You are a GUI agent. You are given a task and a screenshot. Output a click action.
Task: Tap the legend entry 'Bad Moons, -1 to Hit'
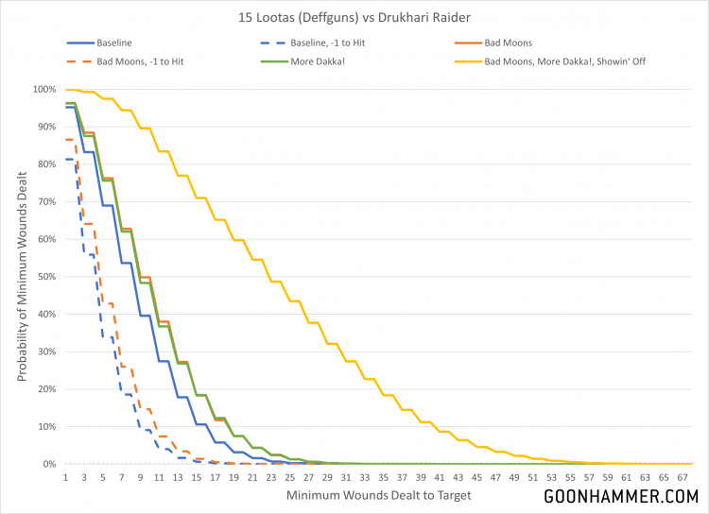click(x=141, y=61)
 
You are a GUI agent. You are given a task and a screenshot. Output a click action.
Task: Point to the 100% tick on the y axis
click(x=44, y=90)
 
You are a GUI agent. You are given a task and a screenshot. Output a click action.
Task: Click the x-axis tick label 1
click(x=66, y=477)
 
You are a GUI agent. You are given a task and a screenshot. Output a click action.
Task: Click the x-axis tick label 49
click(x=515, y=477)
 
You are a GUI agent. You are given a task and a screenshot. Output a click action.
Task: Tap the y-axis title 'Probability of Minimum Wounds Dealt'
click(x=21, y=277)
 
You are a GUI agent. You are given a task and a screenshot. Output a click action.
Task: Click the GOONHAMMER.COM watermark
click(x=621, y=496)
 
